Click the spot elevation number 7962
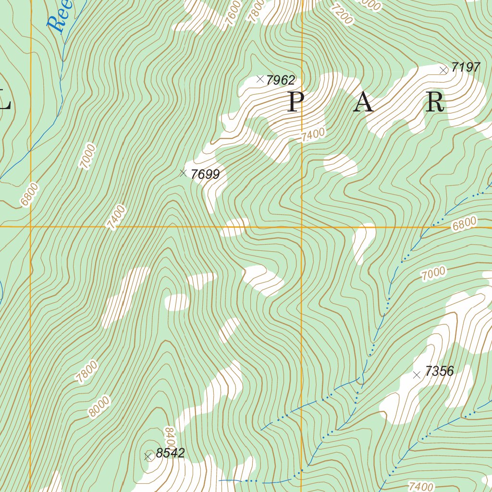[281, 80]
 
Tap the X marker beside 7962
[260, 79]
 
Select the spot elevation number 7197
[466, 67]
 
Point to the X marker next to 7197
[443, 70]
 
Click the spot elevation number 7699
[205, 174]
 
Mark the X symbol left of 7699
[183, 173]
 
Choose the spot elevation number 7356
[439, 371]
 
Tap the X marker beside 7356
[417, 375]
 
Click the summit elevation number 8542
[171, 453]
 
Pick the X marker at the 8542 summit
[148, 457]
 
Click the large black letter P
[295, 102]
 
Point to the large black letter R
[434, 102]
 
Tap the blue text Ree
[61, 17]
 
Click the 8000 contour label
[99, 407]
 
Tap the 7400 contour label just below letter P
[313, 135]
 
